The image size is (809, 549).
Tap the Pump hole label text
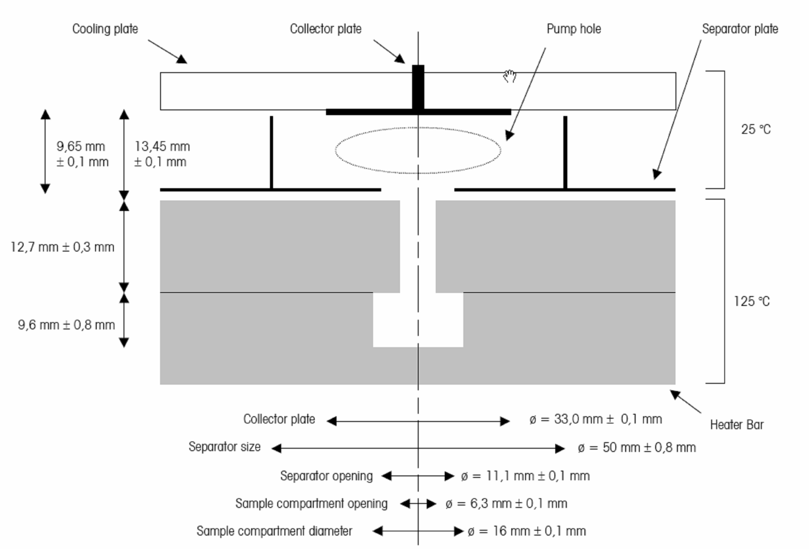pyautogui.click(x=574, y=29)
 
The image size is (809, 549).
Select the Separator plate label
pyautogui.click(x=740, y=29)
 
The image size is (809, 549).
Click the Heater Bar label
pyautogui.click(x=737, y=425)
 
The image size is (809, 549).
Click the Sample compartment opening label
pyautogui.click(x=311, y=503)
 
